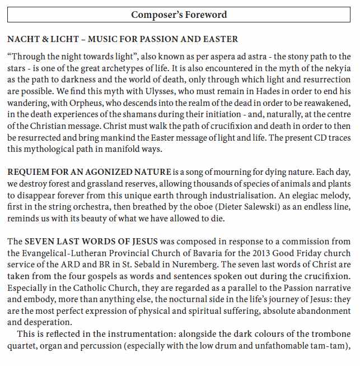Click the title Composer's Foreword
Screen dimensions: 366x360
click(179, 14)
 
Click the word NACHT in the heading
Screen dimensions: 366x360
click(21, 39)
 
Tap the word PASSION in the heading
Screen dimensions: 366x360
click(163, 39)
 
